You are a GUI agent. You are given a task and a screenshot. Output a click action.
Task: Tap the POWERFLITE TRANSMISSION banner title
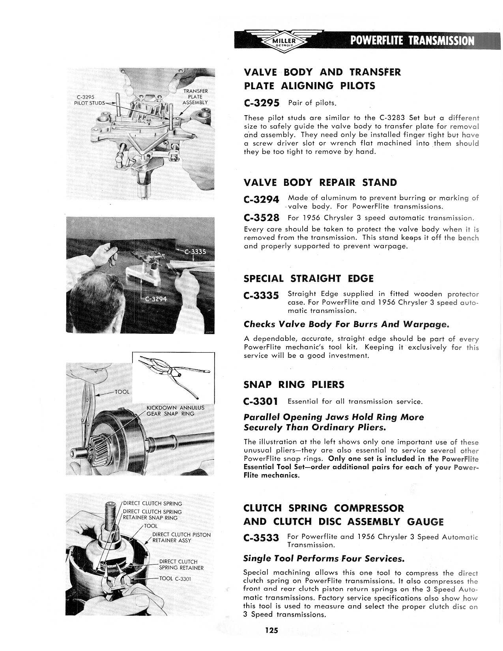pyautogui.click(x=409, y=41)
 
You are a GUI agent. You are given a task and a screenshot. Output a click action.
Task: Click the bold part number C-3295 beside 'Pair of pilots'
pyautogui.click(x=262, y=103)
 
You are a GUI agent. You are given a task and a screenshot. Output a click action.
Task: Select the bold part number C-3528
pyautogui.click(x=262, y=218)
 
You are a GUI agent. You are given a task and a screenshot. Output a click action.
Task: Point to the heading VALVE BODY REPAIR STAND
pyautogui.click(x=320, y=183)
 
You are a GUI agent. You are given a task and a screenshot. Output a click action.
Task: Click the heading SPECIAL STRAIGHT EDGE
pyautogui.click(x=309, y=279)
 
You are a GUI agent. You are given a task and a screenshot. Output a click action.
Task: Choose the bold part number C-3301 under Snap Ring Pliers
pyautogui.click(x=261, y=402)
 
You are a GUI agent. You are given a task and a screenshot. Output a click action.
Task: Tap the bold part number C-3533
pyautogui.click(x=262, y=538)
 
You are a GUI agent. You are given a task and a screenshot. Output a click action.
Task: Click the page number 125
pyautogui.click(x=271, y=630)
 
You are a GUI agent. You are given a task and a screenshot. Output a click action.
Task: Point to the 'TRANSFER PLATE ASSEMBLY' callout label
pyautogui.click(x=195, y=97)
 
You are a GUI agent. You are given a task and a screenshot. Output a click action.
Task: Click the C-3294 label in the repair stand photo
pyautogui.click(x=156, y=299)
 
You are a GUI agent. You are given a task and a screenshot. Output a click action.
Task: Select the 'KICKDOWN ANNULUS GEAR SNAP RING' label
pyautogui.click(x=175, y=410)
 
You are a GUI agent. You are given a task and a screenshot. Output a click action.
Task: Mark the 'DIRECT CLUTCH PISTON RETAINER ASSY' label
pyautogui.click(x=181, y=537)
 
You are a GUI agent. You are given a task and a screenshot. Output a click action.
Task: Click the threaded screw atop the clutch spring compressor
pyautogui.click(x=112, y=513)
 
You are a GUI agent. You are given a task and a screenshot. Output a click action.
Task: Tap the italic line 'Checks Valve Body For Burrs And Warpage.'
pyautogui.click(x=346, y=324)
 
